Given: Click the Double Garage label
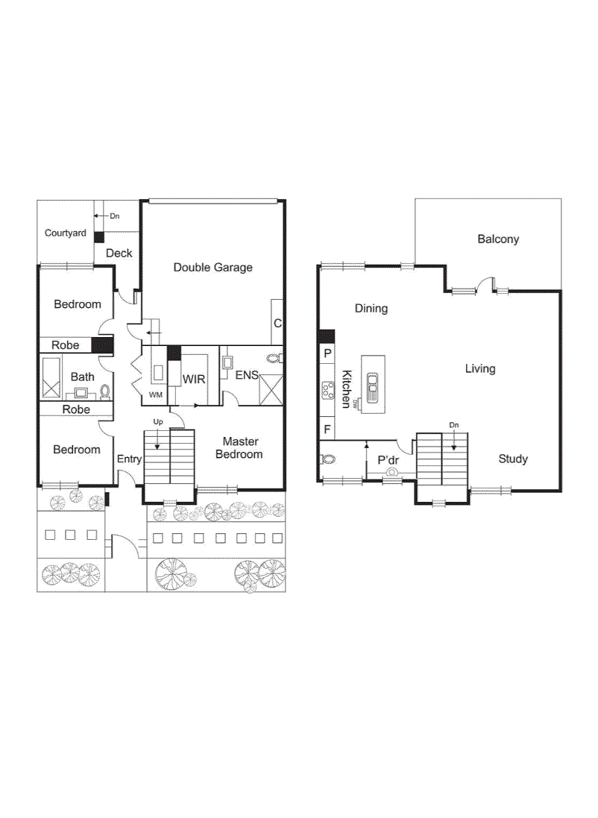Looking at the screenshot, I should tap(213, 267).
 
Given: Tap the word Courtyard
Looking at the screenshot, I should tap(65, 233).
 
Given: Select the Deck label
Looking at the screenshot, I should tap(119, 254).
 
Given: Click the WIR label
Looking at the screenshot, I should tap(193, 380).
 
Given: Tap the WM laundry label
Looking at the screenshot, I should tap(155, 394).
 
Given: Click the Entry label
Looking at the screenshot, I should tap(128, 459).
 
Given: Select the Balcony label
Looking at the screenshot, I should tap(498, 239).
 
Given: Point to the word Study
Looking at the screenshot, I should tap(513, 459).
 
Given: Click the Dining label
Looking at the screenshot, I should tap(371, 308).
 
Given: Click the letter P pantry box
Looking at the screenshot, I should tap(327, 352).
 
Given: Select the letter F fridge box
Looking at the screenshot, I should tap(327, 429).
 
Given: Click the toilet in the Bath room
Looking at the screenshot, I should tap(105, 390).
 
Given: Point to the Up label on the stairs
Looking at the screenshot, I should tap(157, 422).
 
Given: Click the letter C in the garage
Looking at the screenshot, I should tap(277, 323).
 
